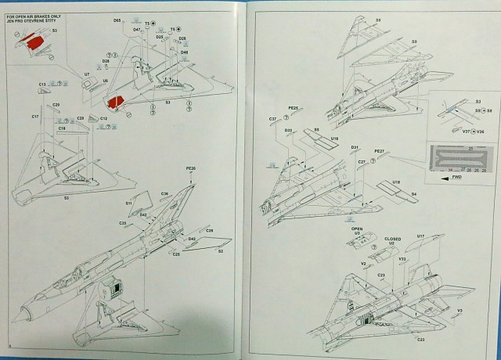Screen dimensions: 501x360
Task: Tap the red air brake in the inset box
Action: (32, 47)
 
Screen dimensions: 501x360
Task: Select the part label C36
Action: (165, 193)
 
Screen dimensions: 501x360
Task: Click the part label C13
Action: (43, 85)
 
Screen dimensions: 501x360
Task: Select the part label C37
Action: (273, 119)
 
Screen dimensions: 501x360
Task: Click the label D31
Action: (355, 147)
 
